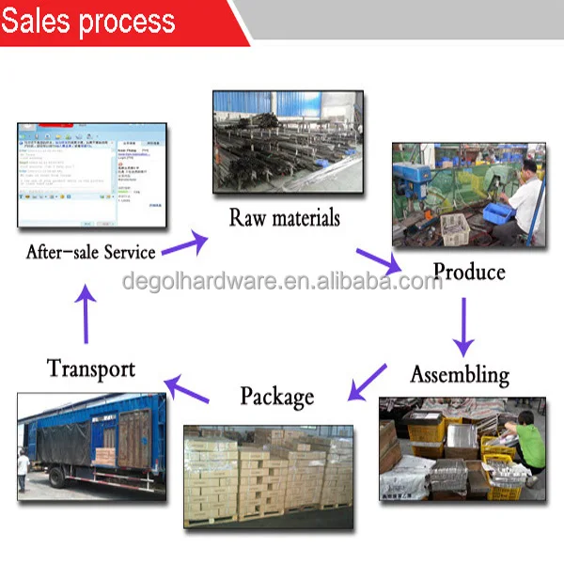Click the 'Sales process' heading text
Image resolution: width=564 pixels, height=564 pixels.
pos(88,21)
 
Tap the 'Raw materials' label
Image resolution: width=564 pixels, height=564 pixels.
pos(285,218)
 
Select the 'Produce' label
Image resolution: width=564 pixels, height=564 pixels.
pos(468,273)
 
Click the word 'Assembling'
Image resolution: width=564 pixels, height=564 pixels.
pos(460,374)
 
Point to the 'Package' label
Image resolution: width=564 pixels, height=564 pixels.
pos(276,396)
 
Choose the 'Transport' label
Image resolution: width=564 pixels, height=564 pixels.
pos(91,368)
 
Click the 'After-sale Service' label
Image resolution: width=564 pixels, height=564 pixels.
pos(90,252)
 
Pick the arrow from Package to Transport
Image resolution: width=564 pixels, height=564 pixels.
pos(186,387)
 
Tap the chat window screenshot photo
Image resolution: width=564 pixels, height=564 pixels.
pos(91,176)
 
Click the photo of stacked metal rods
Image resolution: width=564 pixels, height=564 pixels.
pos(287,141)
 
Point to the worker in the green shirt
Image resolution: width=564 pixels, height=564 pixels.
pos(527,442)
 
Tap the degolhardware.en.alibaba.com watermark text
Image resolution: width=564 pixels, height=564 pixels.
pos(282,281)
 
